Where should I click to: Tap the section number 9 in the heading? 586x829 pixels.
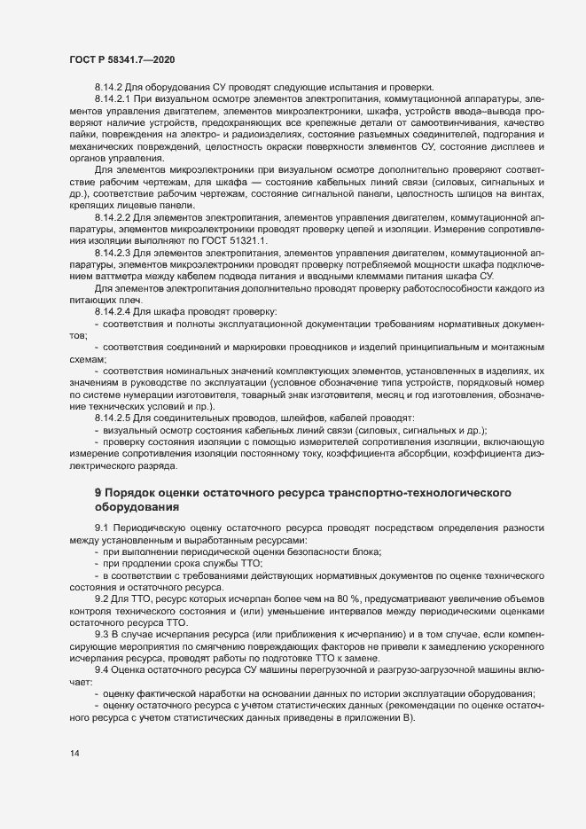(98, 491)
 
